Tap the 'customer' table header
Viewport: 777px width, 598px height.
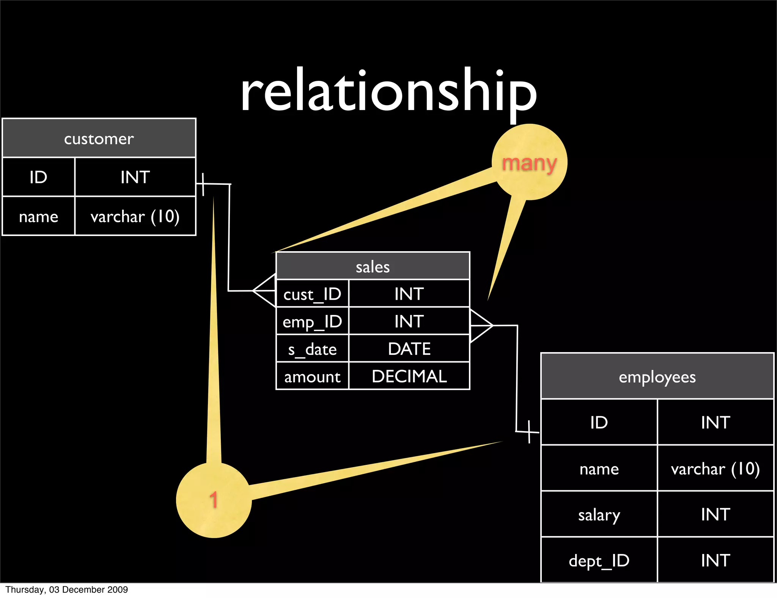click(99, 138)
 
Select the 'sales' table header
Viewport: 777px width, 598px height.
click(373, 266)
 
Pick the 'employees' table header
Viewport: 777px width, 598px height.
click(657, 376)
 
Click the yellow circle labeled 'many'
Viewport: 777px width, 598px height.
click(529, 162)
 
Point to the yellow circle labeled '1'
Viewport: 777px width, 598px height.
click(214, 500)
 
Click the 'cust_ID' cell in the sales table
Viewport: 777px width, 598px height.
click(312, 294)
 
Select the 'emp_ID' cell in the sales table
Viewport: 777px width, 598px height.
click(312, 321)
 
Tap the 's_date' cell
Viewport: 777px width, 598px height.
click(312, 349)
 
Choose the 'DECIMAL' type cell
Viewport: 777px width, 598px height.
click(409, 376)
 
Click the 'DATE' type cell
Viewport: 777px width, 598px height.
click(409, 349)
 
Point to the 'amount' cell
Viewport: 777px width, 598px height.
click(312, 376)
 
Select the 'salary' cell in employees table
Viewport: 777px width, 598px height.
click(599, 515)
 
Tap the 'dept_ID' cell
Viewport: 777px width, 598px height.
click(599, 560)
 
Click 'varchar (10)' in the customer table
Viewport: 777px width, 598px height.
click(135, 216)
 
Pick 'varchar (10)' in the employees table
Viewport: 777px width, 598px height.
click(715, 469)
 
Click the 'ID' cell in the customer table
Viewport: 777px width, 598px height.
click(38, 177)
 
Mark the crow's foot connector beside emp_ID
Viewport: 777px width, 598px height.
click(481, 326)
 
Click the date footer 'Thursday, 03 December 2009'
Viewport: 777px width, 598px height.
click(67, 590)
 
